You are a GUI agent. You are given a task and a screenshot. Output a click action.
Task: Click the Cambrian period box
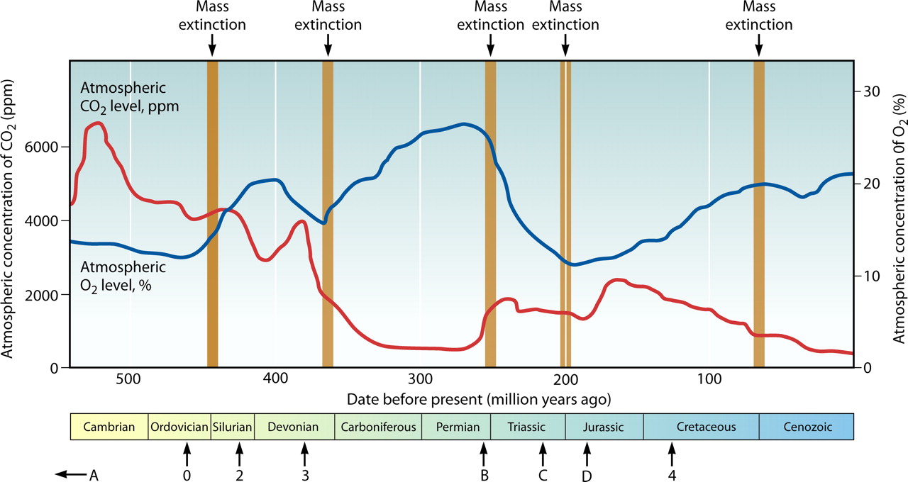point(109,427)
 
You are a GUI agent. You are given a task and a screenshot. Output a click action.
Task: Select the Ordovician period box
point(179,427)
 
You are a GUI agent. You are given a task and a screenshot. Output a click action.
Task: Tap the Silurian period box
point(232,427)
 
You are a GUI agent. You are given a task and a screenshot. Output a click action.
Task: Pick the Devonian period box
point(294,427)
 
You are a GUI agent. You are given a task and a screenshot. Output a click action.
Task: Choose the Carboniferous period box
point(377,427)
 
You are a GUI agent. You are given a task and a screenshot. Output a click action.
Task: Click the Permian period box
point(455,427)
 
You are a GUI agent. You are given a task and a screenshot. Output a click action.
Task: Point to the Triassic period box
point(527,427)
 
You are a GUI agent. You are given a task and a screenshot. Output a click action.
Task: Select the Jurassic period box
point(604,427)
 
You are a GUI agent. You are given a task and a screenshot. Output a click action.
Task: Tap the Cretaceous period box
point(701,427)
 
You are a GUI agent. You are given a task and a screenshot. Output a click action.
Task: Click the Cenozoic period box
point(806,427)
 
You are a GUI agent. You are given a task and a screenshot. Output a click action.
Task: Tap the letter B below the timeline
point(485,476)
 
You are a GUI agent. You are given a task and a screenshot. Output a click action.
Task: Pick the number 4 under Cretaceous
point(671,476)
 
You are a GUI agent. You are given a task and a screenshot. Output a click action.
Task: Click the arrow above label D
point(587,452)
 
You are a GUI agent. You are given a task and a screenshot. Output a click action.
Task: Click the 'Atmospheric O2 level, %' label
point(123,276)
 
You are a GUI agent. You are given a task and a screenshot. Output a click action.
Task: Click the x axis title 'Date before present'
point(479,398)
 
